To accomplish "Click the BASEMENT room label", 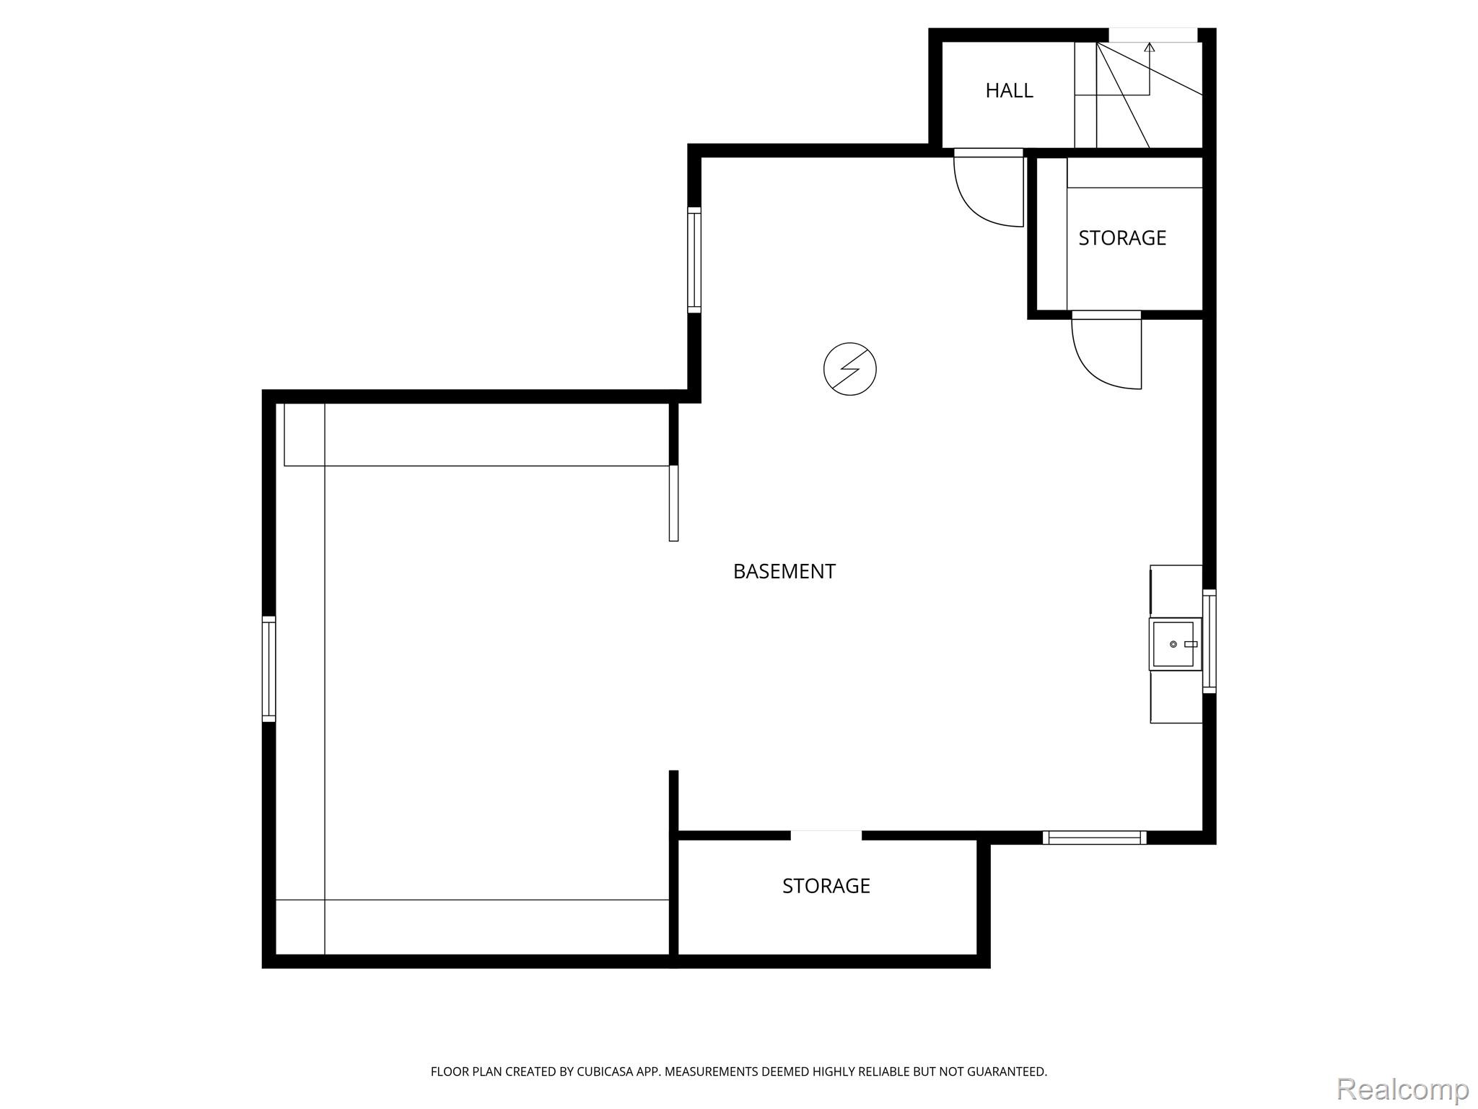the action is pyautogui.click(x=784, y=571).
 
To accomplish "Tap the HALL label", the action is pyautogui.click(x=1009, y=90).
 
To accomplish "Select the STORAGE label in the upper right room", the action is pyautogui.click(x=1122, y=238).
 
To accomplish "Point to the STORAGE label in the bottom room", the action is pyautogui.click(x=826, y=886).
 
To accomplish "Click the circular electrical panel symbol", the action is pyautogui.click(x=850, y=369).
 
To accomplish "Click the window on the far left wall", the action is pyautogui.click(x=268, y=669).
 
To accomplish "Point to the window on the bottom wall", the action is pyautogui.click(x=1094, y=838).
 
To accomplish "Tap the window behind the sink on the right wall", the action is pyautogui.click(x=1210, y=641).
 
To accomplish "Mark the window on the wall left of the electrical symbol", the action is pyautogui.click(x=694, y=260).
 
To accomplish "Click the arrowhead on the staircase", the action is pyautogui.click(x=1150, y=48).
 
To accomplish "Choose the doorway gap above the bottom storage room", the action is pyautogui.click(x=826, y=835).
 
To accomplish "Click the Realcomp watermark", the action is pyautogui.click(x=1402, y=1089).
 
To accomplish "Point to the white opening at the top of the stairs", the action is pyautogui.click(x=1153, y=35).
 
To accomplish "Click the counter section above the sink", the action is pyautogui.click(x=1176, y=591).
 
